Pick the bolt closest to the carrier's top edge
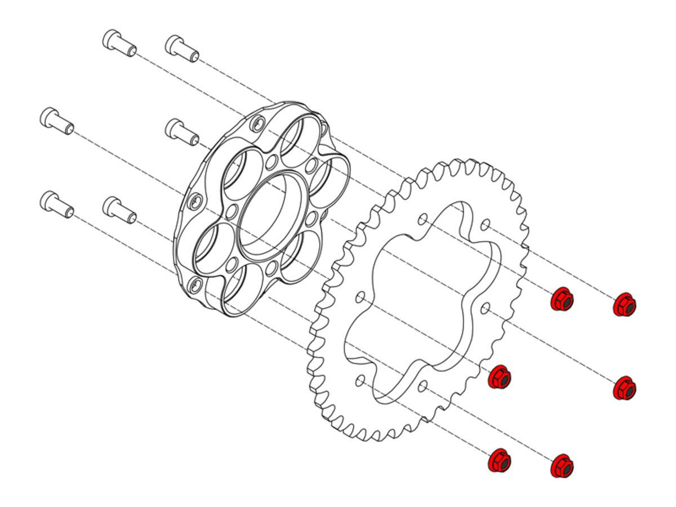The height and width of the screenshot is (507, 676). (181, 131)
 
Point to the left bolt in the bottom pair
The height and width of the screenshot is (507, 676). (56, 204)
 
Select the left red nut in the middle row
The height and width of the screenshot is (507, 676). (499, 376)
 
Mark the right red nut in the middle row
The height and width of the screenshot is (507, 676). (624, 388)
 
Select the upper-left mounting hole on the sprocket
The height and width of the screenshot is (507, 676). (424, 219)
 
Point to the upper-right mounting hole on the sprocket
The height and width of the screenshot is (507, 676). (486, 224)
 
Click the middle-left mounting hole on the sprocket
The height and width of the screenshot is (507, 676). (361, 296)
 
